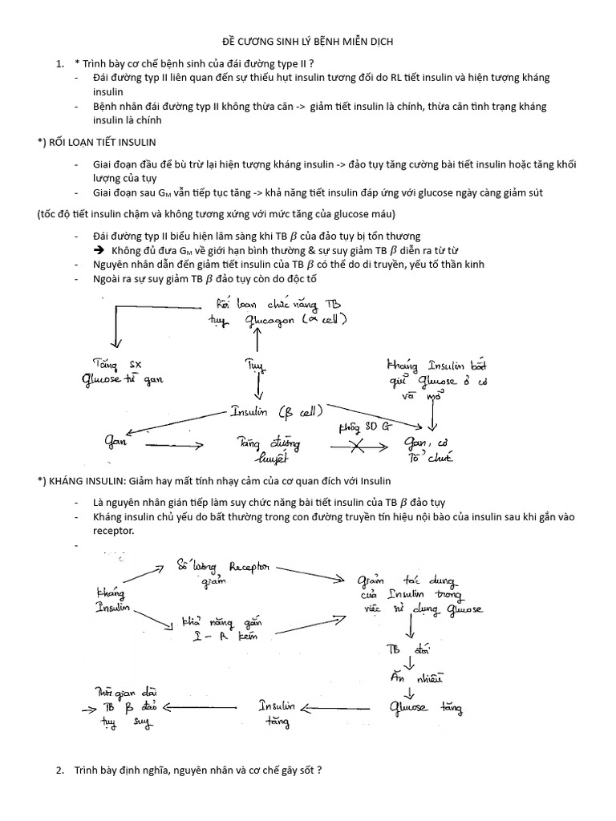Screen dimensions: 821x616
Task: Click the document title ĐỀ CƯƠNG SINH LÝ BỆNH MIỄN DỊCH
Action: coord(307,41)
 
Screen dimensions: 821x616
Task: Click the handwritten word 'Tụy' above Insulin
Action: coord(254,365)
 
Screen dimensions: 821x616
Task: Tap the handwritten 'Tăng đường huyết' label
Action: coord(259,449)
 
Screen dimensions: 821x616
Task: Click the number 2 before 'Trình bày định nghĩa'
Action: coord(59,770)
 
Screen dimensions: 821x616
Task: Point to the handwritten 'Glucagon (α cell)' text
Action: coord(289,321)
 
